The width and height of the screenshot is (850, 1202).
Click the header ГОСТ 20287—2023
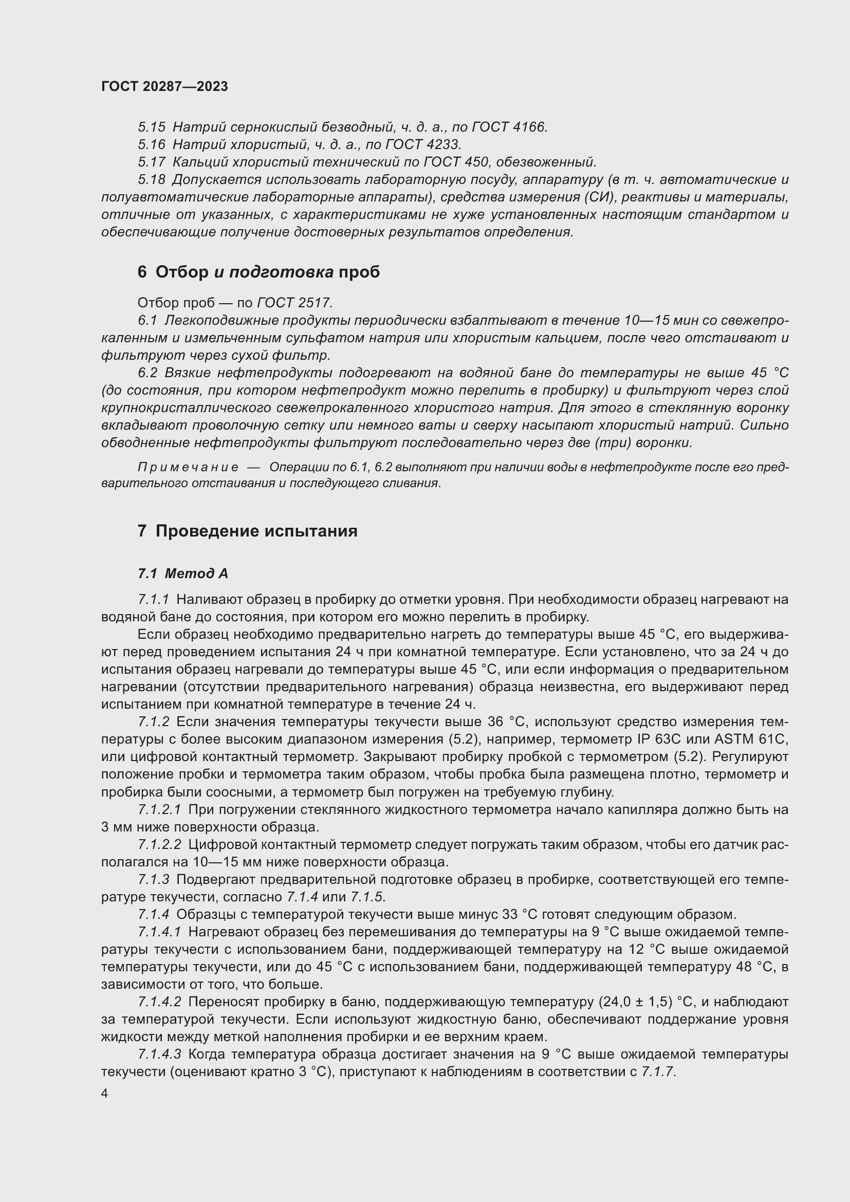coord(164,87)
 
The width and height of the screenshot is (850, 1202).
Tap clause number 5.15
coord(151,127)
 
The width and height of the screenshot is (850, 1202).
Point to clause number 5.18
coord(151,179)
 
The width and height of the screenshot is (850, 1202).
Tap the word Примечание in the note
coord(188,467)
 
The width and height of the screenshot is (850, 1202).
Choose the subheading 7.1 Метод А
coord(182,574)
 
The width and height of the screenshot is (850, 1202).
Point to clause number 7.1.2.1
coord(159,810)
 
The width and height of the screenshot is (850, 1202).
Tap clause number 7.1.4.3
coord(159,1055)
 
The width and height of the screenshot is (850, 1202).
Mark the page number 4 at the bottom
coord(105,1094)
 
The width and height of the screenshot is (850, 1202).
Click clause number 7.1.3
coord(153,880)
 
